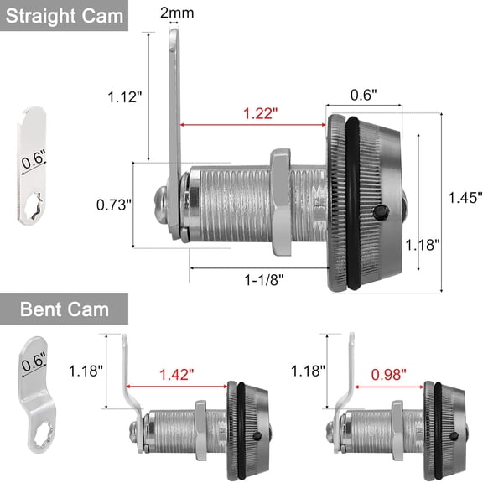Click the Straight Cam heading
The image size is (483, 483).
coord(64,16)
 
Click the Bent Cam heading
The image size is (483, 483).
coord(65,309)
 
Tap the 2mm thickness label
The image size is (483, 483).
coord(177,13)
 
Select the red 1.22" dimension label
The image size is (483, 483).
coord(260,113)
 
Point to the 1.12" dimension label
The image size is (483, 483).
coord(124,96)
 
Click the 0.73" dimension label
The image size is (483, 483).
coord(114,205)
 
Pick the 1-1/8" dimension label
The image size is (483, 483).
coord(263,280)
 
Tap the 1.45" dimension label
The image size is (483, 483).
coord(465,197)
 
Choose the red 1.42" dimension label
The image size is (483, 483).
coord(176,375)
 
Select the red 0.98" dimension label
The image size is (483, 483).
coord(389,375)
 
